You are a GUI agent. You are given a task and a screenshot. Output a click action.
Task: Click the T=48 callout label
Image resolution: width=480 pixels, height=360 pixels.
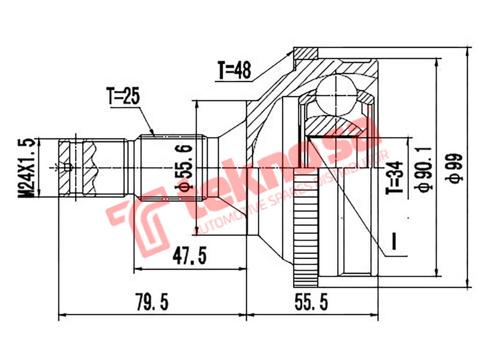[x=234, y=70]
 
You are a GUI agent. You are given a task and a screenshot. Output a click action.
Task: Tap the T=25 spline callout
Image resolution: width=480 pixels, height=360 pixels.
[x=123, y=97]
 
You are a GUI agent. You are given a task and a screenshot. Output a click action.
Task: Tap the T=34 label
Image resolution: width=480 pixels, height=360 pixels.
[x=395, y=178]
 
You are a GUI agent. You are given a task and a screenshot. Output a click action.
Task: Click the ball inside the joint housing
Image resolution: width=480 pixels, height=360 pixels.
[x=336, y=93]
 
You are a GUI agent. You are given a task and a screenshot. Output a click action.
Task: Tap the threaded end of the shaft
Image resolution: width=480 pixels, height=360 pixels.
[x=77, y=167]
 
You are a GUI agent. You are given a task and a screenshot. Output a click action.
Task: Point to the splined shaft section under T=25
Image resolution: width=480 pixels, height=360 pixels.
[x=171, y=167]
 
